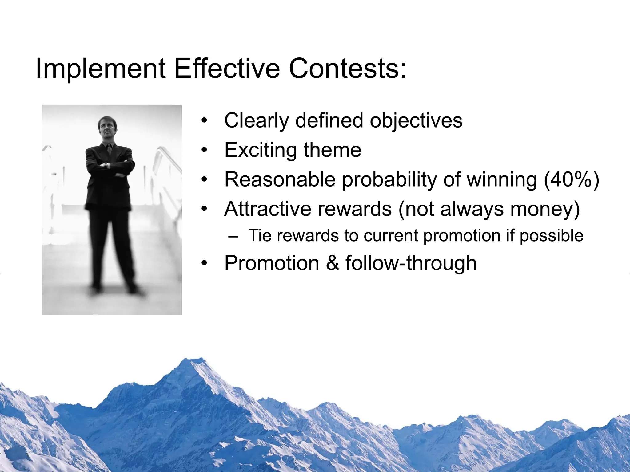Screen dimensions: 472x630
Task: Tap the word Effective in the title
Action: tap(227, 69)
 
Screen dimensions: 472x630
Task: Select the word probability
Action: tap(389, 179)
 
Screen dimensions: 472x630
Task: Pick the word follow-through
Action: tap(411, 263)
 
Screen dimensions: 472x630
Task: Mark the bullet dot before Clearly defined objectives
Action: tap(204, 121)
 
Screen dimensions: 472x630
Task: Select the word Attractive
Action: tap(267, 209)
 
